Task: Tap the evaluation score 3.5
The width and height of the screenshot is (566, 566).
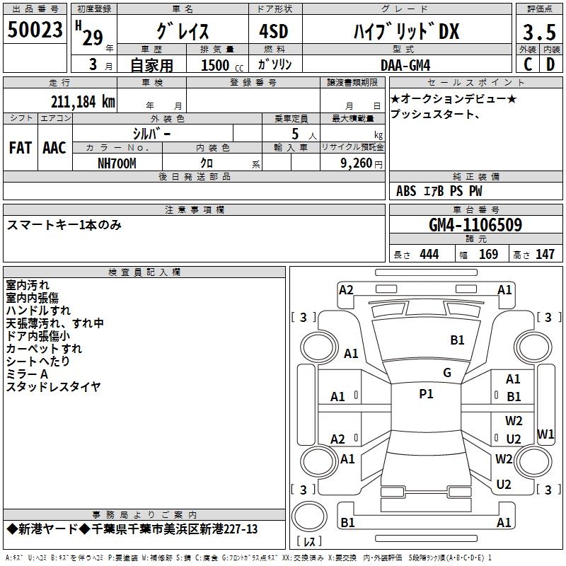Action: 538,32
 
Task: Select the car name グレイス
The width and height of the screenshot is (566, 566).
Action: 182,31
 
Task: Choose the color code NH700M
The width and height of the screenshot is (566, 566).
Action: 117,163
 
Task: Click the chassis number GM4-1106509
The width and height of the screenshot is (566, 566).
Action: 475,225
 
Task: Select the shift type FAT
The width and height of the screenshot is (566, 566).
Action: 20,148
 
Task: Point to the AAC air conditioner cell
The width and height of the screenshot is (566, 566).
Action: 54,148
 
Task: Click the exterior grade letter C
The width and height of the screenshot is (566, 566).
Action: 527,64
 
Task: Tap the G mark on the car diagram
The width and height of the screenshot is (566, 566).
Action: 447,373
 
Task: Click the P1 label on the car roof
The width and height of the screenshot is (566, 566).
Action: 426,394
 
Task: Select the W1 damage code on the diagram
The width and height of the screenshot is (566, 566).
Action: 545,434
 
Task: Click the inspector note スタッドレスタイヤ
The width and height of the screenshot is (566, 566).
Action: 53,386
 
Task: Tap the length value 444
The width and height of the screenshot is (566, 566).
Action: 429,255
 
